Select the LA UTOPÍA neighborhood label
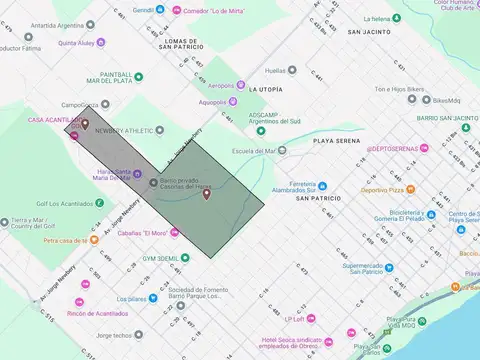coord(266,88)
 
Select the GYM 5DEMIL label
coord(160,257)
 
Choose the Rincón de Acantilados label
coord(97,314)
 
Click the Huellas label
coord(274,70)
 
